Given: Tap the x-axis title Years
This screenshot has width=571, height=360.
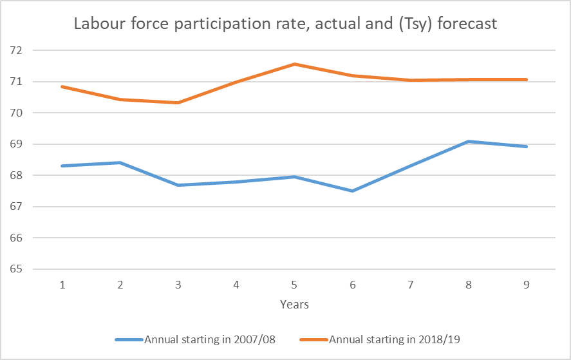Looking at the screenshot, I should click(294, 305).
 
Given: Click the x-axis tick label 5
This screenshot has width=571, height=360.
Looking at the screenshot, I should click(294, 285).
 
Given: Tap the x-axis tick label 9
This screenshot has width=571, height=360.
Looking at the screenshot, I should click(527, 285).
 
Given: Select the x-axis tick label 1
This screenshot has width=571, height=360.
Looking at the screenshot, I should click(62, 285).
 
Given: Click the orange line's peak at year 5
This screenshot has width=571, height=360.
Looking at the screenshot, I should click(294, 64).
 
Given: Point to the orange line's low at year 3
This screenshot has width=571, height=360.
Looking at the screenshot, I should click(178, 102).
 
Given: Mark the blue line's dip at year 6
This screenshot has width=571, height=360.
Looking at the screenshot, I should click(352, 191).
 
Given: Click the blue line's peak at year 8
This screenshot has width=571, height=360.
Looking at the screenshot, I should click(469, 141).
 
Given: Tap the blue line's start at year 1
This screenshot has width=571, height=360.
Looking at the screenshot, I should click(62, 166).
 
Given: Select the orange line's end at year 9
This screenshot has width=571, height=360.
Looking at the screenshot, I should click(527, 79).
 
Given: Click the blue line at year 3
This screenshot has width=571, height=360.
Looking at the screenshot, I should click(178, 185).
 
